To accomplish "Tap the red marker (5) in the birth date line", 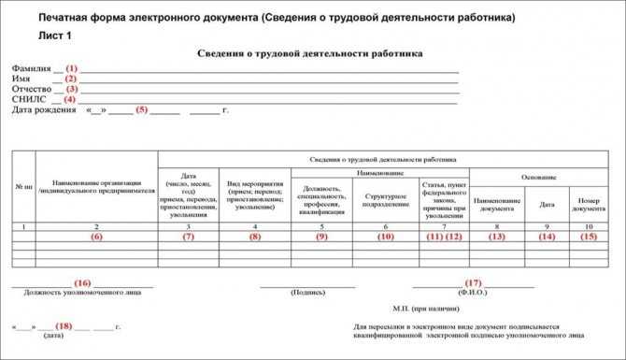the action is (x=142, y=109).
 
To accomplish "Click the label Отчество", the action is (x=31, y=89).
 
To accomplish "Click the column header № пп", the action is (x=24, y=187).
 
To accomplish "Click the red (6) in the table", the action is (x=96, y=237).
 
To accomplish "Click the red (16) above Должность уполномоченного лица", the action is (x=82, y=282).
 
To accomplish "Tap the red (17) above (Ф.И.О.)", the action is (x=473, y=282).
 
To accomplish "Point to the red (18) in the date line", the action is (x=64, y=326).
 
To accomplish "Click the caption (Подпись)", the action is (x=308, y=292).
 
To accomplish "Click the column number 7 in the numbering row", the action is (x=444, y=227).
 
